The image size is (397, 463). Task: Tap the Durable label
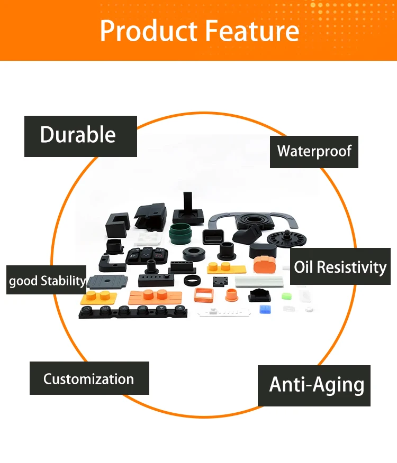(78, 135)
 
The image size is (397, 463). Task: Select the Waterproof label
(314, 152)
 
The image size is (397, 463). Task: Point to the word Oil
(308, 267)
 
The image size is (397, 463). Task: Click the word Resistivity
(355, 267)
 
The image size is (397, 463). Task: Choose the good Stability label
(47, 280)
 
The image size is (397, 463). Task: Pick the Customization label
(88, 378)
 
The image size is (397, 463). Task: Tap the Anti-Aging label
(316, 384)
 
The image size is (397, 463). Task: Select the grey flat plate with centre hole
(107, 280)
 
